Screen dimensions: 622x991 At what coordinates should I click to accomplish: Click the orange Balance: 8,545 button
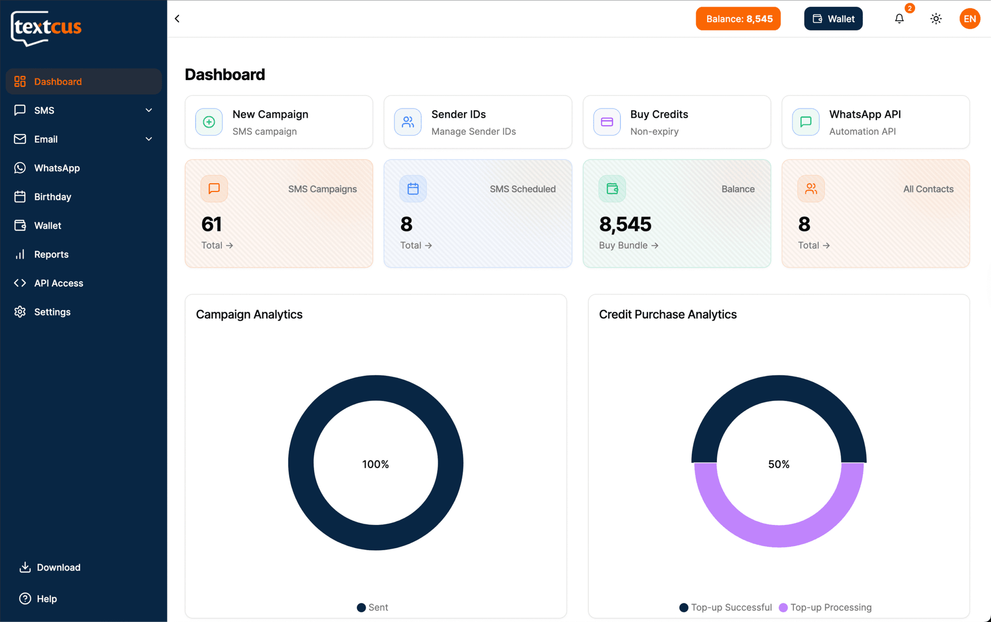738,19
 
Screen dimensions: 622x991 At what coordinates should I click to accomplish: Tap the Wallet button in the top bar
833,19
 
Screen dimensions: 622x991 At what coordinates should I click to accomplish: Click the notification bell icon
899,19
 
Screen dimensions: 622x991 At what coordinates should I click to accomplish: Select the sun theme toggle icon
936,19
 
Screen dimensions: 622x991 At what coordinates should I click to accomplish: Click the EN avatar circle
969,19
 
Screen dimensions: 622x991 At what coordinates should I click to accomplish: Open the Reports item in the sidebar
51,254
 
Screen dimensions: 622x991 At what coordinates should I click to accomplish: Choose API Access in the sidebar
58,283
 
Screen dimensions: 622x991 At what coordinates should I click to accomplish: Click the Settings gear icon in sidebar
20,312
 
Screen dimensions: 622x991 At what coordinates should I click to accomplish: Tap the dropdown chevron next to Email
149,139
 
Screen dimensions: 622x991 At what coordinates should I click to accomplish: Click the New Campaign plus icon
209,122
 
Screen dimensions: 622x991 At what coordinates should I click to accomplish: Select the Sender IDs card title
458,115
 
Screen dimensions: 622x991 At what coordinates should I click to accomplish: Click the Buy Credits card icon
606,122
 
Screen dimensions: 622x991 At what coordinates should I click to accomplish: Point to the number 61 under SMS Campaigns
212,225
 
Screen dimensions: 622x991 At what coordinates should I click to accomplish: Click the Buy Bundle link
628,246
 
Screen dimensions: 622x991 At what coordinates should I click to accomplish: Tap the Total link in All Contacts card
813,246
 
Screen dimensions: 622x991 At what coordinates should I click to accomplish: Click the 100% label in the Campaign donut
375,465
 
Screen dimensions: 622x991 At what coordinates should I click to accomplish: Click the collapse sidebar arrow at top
178,19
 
